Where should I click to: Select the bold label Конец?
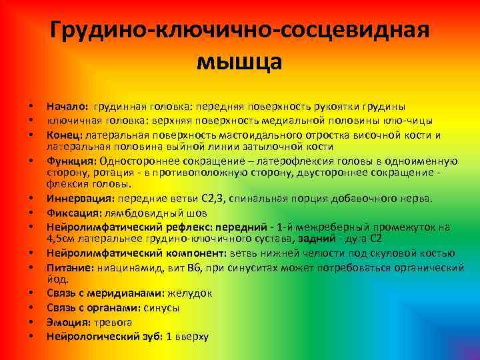(64, 135)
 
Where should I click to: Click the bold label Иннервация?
(79, 199)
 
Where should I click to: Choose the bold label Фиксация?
(73, 213)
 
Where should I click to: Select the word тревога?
(113, 321)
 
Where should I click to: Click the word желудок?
(189, 293)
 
